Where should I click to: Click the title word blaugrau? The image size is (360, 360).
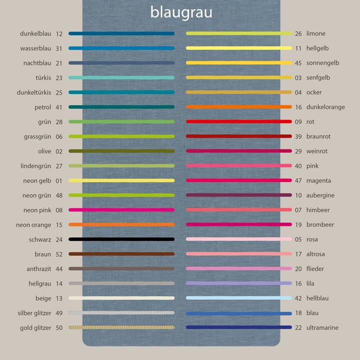(x=181, y=12)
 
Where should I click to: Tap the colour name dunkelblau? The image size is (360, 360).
(x=35, y=33)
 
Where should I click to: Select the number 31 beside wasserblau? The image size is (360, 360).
(x=59, y=48)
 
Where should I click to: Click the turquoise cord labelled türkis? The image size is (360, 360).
(x=122, y=78)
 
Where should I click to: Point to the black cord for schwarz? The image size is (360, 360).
(x=122, y=239)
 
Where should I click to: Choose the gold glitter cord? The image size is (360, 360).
(x=122, y=328)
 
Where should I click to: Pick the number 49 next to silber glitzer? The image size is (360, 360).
(x=59, y=313)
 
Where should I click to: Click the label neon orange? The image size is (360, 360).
(x=33, y=225)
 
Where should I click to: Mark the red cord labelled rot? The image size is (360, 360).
(x=238, y=122)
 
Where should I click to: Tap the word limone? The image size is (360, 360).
(x=316, y=33)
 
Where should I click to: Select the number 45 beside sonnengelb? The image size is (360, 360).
(x=298, y=63)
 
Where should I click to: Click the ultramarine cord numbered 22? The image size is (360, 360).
(x=238, y=328)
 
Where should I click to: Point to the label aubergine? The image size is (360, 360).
(x=320, y=195)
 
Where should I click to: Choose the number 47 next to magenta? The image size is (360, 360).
(x=298, y=180)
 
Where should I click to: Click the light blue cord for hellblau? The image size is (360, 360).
(x=238, y=298)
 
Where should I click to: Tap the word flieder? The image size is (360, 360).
(x=315, y=269)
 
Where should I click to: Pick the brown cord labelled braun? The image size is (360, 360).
(x=122, y=254)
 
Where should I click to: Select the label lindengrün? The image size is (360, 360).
(x=35, y=166)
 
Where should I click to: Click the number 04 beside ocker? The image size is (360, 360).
(x=298, y=92)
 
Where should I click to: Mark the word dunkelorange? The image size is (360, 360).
(x=325, y=107)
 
